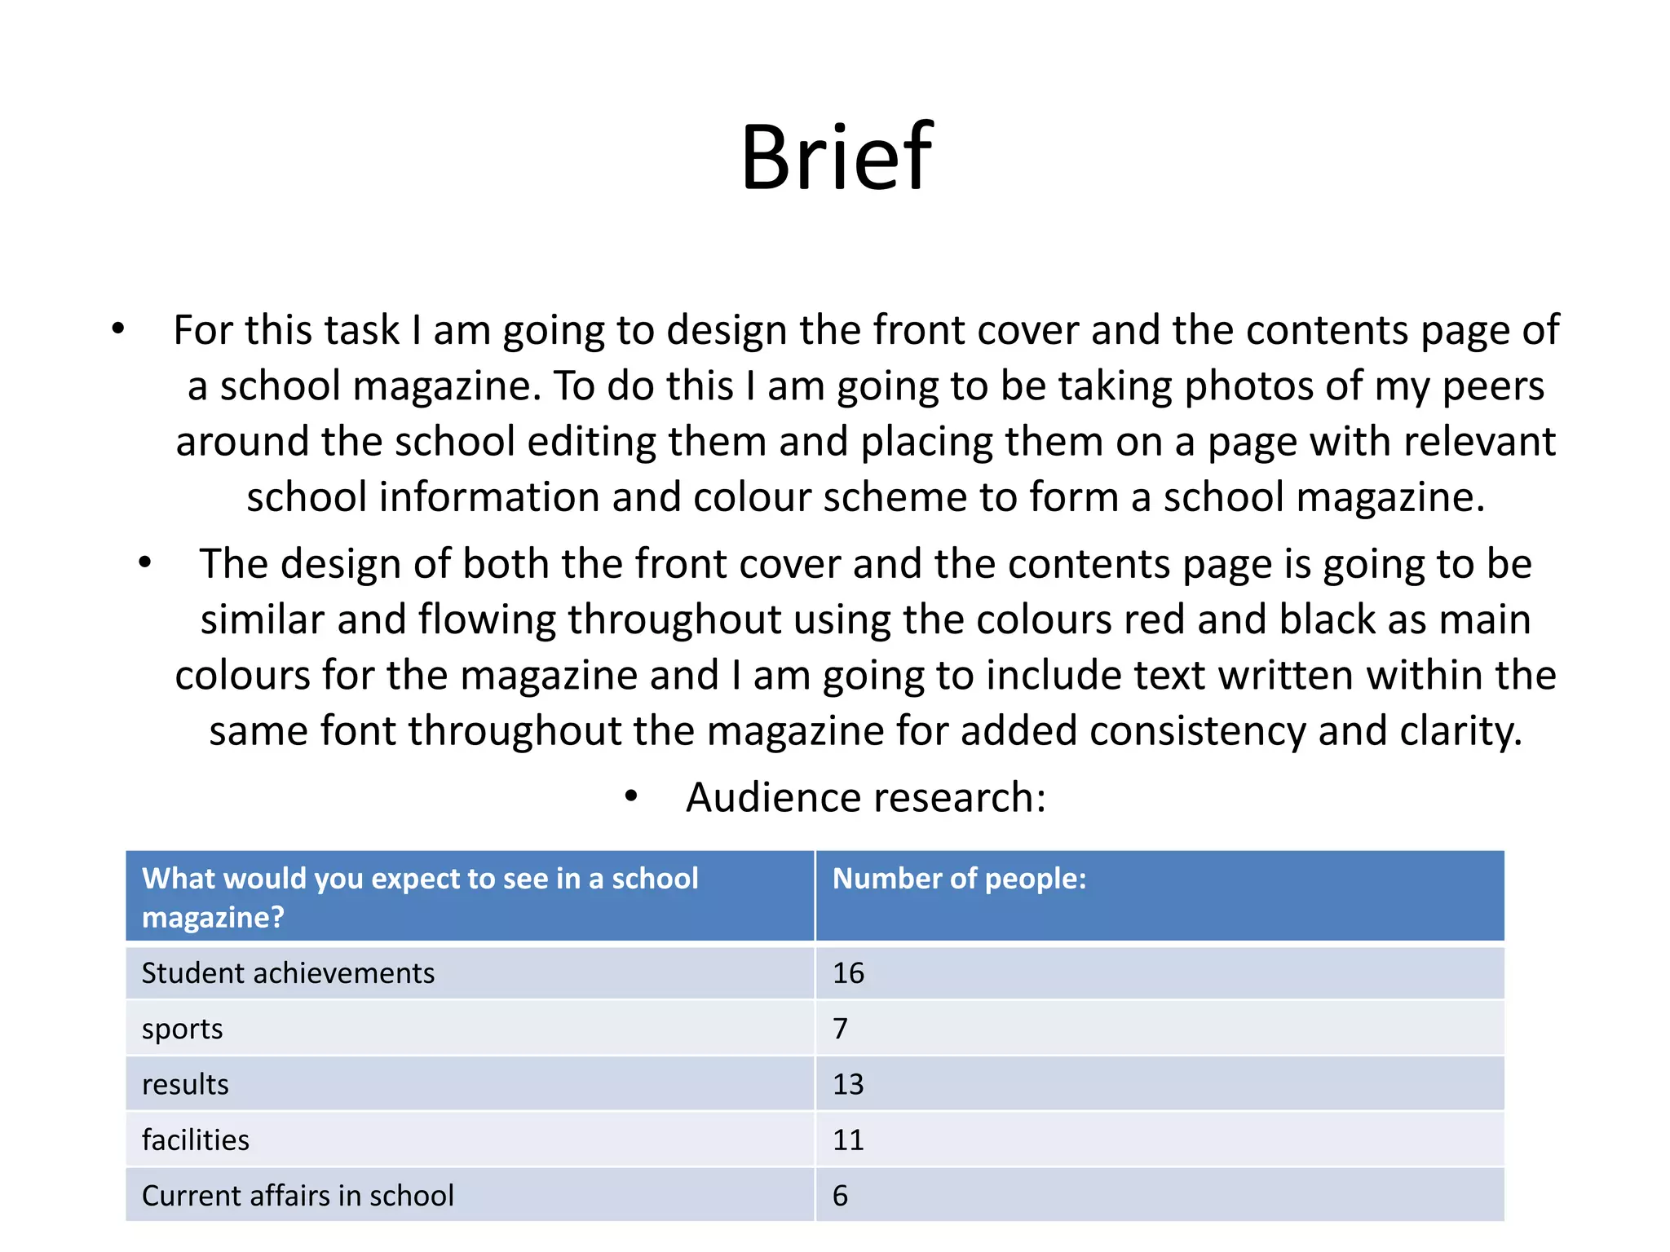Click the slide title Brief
click(x=837, y=156)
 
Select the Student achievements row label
click(x=288, y=973)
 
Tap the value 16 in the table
click(x=848, y=973)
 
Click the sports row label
click(x=182, y=1029)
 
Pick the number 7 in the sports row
click(x=841, y=1029)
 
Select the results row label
click(x=185, y=1085)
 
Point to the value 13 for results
click(x=848, y=1085)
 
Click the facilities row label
click(x=196, y=1140)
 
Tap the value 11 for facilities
click(x=848, y=1140)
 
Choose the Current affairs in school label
click(x=298, y=1196)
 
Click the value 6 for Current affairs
click(x=841, y=1196)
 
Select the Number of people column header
click(x=959, y=879)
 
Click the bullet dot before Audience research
click(x=631, y=796)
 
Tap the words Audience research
click(x=865, y=797)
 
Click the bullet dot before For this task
click(x=119, y=329)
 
